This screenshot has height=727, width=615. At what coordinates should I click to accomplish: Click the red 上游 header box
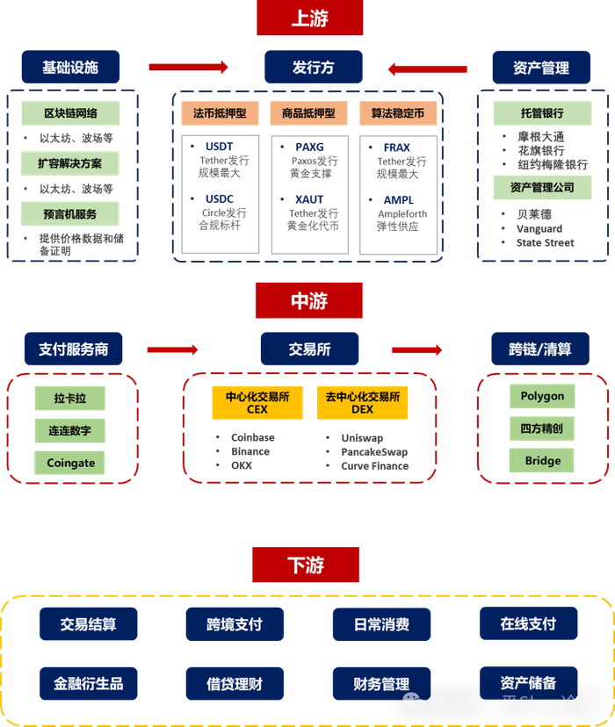coord(309,18)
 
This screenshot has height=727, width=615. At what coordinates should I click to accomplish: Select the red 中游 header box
coord(308,300)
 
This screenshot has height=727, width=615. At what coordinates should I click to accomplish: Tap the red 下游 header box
coord(306,565)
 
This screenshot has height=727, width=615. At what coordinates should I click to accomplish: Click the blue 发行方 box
coord(313,68)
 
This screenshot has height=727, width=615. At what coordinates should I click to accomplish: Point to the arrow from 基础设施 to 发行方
coord(188,68)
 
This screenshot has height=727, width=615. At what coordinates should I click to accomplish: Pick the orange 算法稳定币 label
coord(397,113)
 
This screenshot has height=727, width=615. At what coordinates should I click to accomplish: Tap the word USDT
coord(219,147)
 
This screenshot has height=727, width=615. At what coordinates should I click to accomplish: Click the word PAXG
coord(309,147)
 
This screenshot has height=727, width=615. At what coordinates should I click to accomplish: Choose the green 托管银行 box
coord(542,113)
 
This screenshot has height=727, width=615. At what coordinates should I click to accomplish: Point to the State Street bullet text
coord(545,243)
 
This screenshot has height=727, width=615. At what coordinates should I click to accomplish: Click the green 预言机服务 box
coord(70,213)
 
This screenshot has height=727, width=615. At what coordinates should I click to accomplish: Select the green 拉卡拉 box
coord(70,399)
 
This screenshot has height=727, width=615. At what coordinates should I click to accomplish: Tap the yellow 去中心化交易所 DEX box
coord(362,403)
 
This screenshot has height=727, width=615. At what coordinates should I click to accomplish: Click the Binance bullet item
coord(250,451)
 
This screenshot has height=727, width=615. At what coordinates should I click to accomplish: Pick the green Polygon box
coord(542,396)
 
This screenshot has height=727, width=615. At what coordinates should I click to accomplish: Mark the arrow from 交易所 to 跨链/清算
coord(416,349)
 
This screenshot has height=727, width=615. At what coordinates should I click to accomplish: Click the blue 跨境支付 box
coord(235,624)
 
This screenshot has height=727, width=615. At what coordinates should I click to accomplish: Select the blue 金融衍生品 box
coord(88,683)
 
